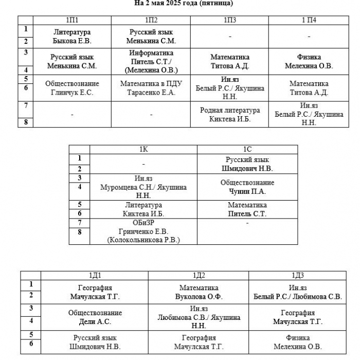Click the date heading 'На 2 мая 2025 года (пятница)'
click(x=184, y=3)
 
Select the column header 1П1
click(x=72, y=20)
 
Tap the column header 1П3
click(x=229, y=20)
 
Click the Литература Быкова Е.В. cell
click(x=72, y=37)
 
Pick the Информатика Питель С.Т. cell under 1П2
click(x=151, y=61)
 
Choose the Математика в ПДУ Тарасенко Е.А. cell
click(x=151, y=88)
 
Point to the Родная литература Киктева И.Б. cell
click(x=229, y=114)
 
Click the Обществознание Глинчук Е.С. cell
click(x=72, y=88)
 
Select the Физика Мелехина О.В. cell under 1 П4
click(x=309, y=61)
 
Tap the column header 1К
click(x=143, y=150)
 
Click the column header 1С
click(x=247, y=150)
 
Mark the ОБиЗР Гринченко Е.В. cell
click(x=143, y=231)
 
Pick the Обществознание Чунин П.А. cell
click(x=247, y=187)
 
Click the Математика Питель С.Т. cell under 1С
click(x=247, y=209)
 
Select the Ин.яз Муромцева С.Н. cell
click(x=143, y=187)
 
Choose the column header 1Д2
click(x=199, y=276)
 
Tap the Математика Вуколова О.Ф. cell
click(x=199, y=292)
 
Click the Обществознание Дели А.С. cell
click(x=95, y=317)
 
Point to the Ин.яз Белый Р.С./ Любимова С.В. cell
click(x=298, y=292)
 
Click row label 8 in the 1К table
click(x=79, y=232)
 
